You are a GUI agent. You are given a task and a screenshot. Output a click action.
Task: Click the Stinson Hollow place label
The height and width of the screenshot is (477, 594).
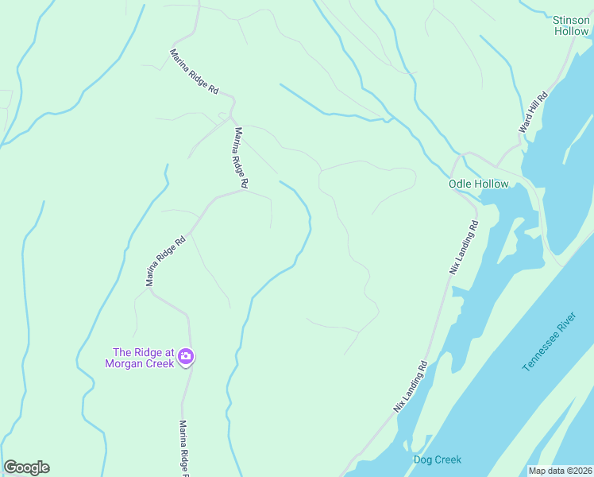coord(571,25)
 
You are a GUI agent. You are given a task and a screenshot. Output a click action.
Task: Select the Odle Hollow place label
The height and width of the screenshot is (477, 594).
coord(478,184)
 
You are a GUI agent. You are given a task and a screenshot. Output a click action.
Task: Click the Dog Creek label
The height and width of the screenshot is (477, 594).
coord(437,460)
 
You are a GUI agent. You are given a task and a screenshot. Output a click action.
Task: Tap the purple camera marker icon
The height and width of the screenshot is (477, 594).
coord(186,356)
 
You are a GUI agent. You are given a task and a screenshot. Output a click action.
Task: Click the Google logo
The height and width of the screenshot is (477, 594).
coord(26,467)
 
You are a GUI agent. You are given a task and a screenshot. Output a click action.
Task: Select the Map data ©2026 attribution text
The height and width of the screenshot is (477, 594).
coord(560,471)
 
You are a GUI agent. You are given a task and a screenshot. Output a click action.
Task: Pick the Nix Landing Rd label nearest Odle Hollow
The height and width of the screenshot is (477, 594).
coord(465,247)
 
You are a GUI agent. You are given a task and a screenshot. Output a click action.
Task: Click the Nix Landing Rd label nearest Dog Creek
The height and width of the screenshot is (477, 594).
coord(411,386)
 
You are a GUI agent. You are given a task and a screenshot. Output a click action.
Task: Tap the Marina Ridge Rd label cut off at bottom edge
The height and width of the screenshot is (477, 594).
coord(183,449)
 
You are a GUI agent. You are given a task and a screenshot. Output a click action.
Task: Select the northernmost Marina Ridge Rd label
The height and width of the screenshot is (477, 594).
coord(194,72)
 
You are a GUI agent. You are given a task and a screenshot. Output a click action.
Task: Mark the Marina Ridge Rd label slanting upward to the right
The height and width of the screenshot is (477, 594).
coord(165,260)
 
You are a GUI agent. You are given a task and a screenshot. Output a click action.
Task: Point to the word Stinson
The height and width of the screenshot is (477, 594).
coord(571,20)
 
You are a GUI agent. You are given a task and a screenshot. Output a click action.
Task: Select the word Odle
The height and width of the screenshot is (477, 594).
coord(461,184)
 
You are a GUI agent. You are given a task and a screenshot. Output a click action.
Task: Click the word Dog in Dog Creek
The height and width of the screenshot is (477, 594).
coord(423,460)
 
